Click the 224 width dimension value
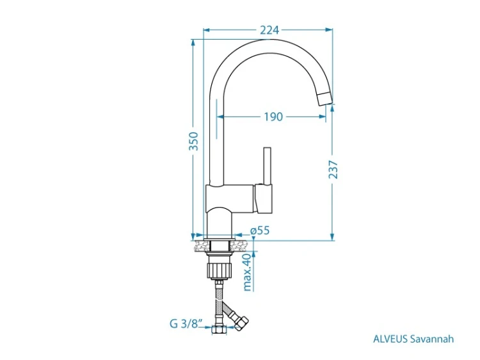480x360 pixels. point(269,30)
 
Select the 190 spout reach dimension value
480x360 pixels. point(273,117)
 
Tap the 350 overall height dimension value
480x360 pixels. point(193,141)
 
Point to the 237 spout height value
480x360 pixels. point(333,169)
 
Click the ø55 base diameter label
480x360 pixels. point(260,230)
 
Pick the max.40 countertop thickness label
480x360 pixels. point(247,272)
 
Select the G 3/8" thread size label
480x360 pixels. point(186,323)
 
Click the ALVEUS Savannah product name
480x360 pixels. point(413,339)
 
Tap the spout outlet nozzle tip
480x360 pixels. point(324,99)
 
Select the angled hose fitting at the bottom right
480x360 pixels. point(241,324)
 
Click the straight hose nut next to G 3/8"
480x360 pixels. point(219,330)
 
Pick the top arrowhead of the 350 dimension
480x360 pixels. point(193,43)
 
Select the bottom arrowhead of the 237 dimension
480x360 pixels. point(332,236)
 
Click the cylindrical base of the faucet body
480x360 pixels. point(219,222)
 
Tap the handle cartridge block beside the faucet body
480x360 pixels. point(262,199)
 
